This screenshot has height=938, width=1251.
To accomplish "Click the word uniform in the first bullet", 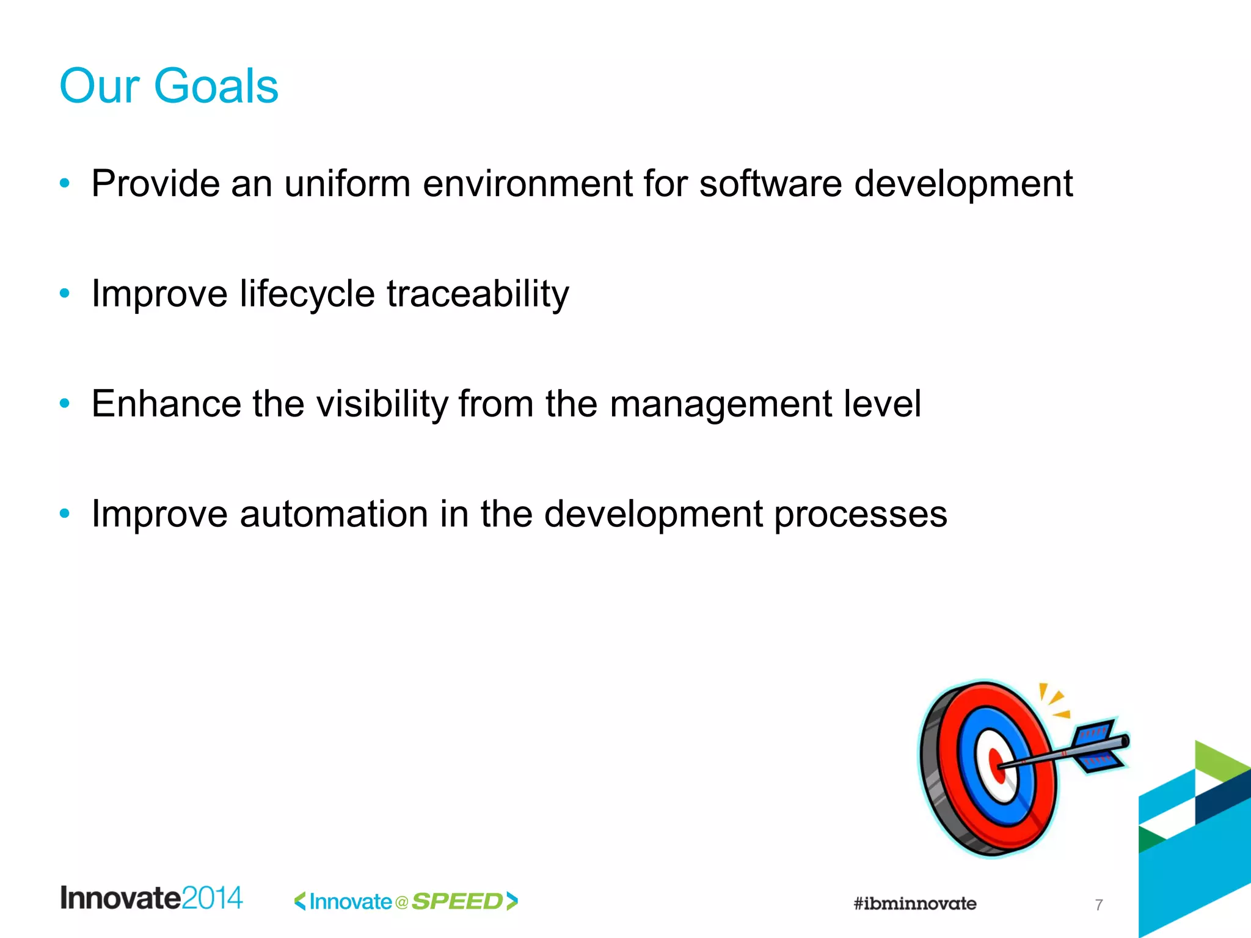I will pyautogui.click(x=348, y=183).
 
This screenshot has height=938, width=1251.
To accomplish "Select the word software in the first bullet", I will pyautogui.click(x=770, y=183).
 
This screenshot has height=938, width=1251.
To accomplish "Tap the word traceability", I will pyautogui.click(x=478, y=294).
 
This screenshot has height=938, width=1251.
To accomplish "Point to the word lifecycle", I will pyautogui.click(x=307, y=294).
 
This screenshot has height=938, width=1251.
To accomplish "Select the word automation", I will pyautogui.click(x=334, y=514).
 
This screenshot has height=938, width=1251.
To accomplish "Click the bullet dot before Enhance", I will pyautogui.click(x=65, y=403).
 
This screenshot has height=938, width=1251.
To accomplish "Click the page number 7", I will pyautogui.click(x=1099, y=904).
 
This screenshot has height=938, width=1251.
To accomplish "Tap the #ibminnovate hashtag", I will pyautogui.click(x=914, y=903).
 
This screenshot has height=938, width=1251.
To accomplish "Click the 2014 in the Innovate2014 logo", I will pyautogui.click(x=212, y=898).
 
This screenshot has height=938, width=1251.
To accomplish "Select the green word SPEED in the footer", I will pyautogui.click(x=458, y=901).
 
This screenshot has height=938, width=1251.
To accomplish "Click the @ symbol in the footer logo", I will pyautogui.click(x=401, y=902).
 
